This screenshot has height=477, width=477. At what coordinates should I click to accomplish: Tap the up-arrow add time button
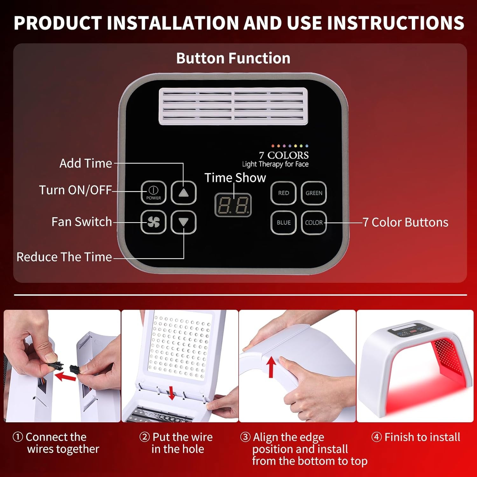click(183, 192)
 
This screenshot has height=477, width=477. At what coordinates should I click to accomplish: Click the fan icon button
click(153, 222)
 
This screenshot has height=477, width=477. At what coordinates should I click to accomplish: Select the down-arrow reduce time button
click(183, 222)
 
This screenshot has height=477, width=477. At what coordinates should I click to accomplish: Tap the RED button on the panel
click(283, 193)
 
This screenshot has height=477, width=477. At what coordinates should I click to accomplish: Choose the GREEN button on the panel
click(314, 193)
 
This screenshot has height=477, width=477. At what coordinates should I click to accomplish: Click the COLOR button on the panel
click(314, 223)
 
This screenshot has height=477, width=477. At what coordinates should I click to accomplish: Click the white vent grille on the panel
click(233, 106)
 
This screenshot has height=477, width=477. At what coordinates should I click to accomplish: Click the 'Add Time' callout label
click(86, 163)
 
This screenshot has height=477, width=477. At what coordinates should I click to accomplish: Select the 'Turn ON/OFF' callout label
click(75, 190)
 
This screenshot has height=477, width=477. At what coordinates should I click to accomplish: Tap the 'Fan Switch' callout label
click(82, 222)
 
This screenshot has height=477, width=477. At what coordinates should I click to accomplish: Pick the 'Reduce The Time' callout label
click(64, 257)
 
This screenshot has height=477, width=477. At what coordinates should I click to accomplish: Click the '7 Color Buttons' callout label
click(405, 222)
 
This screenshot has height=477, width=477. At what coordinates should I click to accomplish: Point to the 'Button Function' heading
click(233, 58)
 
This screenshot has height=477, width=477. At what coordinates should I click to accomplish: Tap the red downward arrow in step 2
click(172, 393)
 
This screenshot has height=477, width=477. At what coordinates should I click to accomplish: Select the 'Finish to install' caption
click(416, 437)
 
